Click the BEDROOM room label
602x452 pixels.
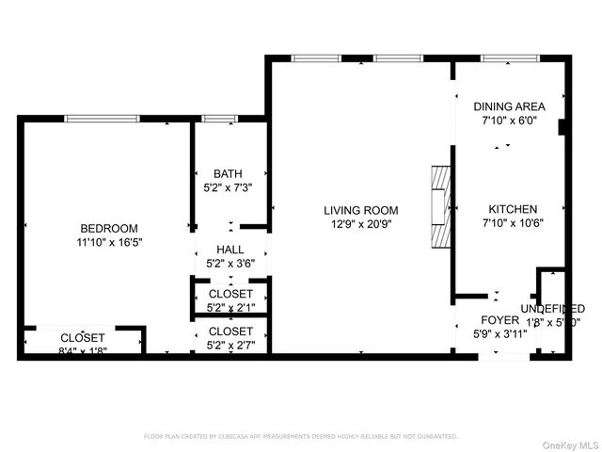click(x=109, y=228)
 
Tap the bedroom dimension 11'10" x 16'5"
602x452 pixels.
click(x=109, y=242)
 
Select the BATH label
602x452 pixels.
click(x=228, y=173)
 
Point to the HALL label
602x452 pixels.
click(x=230, y=250)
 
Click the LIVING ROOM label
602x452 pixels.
click(x=361, y=210)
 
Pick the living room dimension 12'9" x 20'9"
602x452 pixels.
click(x=361, y=224)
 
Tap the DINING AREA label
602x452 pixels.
click(x=509, y=107)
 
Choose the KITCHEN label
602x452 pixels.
click(x=513, y=209)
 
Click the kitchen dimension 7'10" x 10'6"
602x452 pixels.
click(x=513, y=223)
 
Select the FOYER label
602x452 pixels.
click(x=500, y=320)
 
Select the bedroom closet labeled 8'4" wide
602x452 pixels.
click(x=83, y=343)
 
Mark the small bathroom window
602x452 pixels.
click(x=219, y=119)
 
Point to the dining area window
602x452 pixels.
click(x=510, y=59)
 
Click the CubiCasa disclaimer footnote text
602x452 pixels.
click(x=300, y=437)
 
